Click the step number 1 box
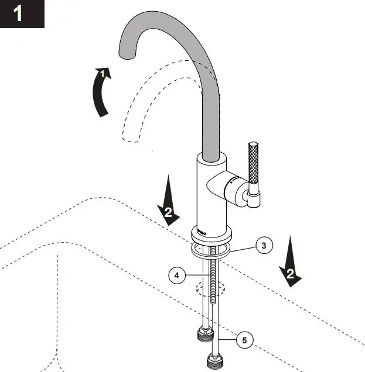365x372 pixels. tap(22, 13)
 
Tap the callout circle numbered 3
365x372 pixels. tap(264, 246)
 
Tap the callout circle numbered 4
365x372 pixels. tap(176, 273)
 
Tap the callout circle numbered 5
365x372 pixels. tap(245, 339)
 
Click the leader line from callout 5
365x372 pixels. tap(228, 339)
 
